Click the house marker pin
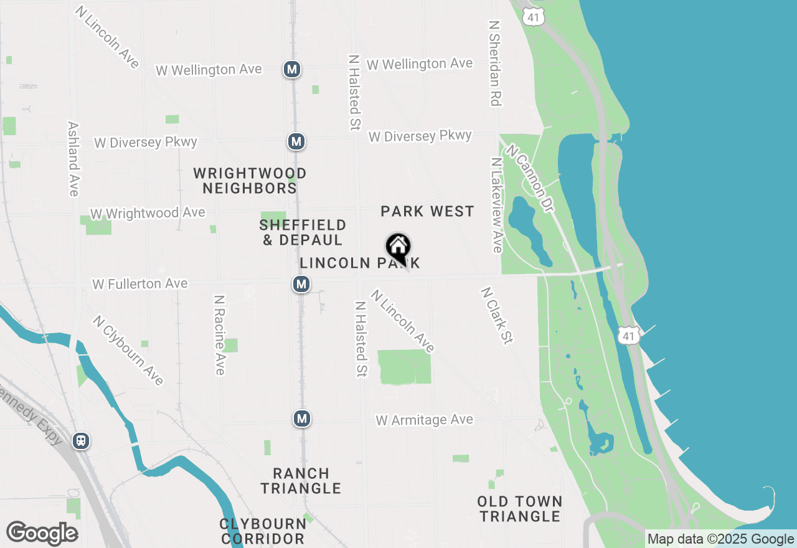tap(398, 247)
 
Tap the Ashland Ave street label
tap(73, 158)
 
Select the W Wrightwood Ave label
tap(148, 213)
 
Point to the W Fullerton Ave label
tap(140, 284)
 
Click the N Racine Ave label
tap(219, 335)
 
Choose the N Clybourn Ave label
tap(128, 350)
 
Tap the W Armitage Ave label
tap(425, 420)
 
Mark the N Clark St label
tap(496, 315)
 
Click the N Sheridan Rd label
tap(495, 63)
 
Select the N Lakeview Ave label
tap(496, 205)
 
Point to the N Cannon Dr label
tap(529, 178)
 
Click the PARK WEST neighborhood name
tap(427, 212)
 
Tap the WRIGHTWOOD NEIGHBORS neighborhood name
tap(250, 181)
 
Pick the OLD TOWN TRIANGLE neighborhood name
tap(520, 509)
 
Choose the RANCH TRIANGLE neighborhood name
tap(301, 481)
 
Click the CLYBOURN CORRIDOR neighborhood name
tap(263, 531)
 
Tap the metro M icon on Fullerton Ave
tap(301, 285)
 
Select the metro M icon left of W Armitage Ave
tap(302, 418)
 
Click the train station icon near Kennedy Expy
tap(81, 441)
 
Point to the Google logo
tap(42, 534)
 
